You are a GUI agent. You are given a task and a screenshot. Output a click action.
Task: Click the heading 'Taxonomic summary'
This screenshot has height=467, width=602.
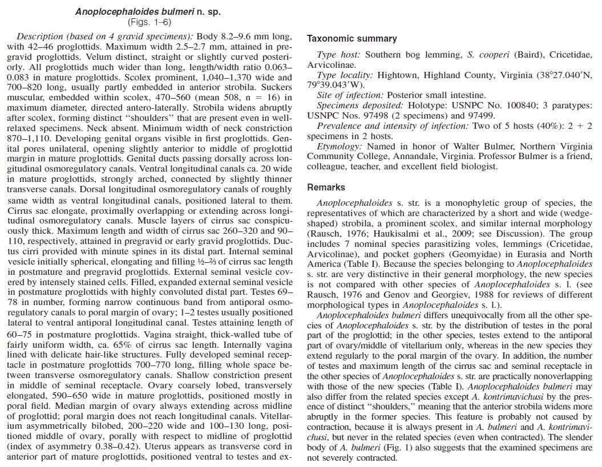tap(351, 39)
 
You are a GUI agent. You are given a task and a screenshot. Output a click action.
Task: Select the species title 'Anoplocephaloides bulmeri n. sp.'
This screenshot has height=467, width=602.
tap(148, 11)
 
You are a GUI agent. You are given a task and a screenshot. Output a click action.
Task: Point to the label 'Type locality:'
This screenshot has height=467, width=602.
tap(345, 75)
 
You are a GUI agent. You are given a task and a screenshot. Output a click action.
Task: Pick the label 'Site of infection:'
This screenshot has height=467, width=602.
tap(350, 95)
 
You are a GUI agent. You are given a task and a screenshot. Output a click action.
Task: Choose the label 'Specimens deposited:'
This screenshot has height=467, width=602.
tap(359, 105)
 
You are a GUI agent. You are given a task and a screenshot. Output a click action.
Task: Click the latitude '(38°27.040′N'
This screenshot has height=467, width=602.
tap(556, 75)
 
